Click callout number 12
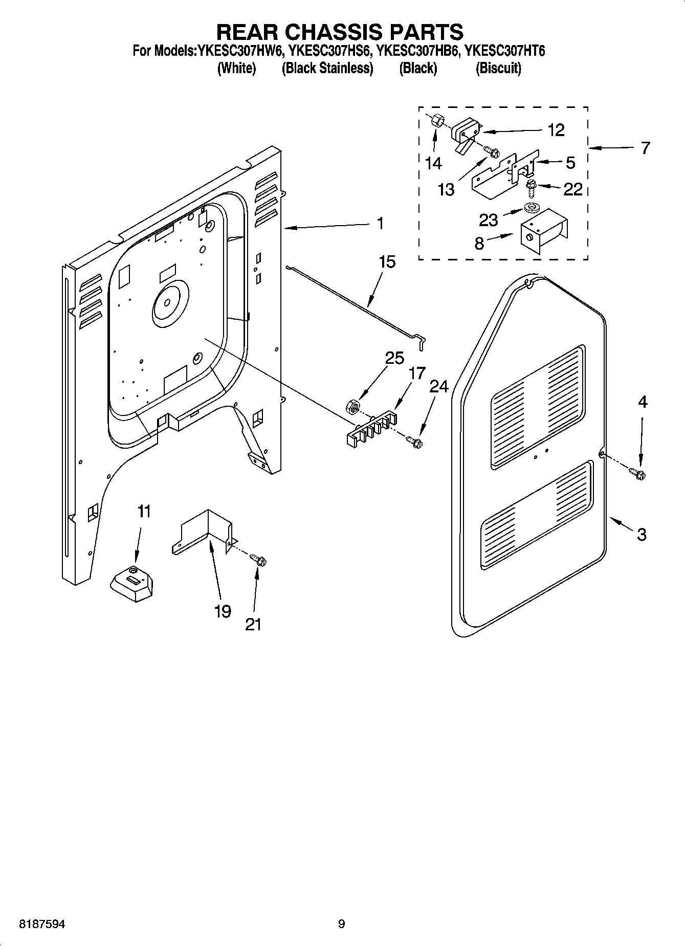coord(556,130)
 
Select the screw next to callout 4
coord(638,474)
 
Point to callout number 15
coord(387,262)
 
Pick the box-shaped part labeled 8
coord(542,232)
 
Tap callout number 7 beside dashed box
coord(645,148)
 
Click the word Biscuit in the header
coord(498,68)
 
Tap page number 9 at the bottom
coord(341,924)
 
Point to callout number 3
coord(642,535)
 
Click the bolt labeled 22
coord(529,189)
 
